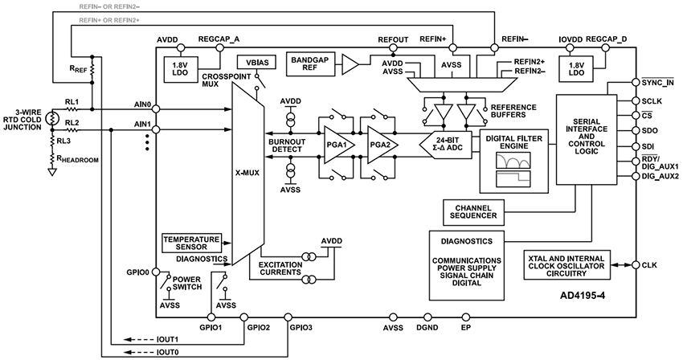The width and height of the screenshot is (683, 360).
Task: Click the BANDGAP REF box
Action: click(x=310, y=63)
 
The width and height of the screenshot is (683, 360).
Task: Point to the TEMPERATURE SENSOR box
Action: click(x=191, y=242)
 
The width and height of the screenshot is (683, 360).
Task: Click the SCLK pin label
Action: click(x=653, y=103)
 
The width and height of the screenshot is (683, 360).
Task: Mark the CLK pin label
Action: click(x=650, y=264)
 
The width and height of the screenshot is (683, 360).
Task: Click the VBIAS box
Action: click(x=253, y=63)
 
